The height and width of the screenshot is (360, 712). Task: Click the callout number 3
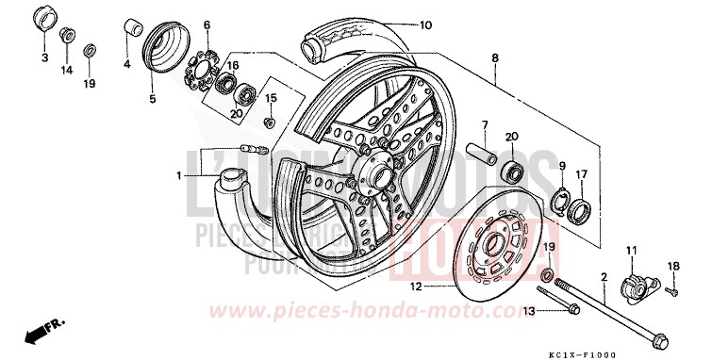[43, 59]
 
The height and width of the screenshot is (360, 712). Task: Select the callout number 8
[494, 58]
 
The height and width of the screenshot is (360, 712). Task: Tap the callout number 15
[271, 98]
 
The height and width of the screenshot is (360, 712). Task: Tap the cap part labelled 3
[43, 21]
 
